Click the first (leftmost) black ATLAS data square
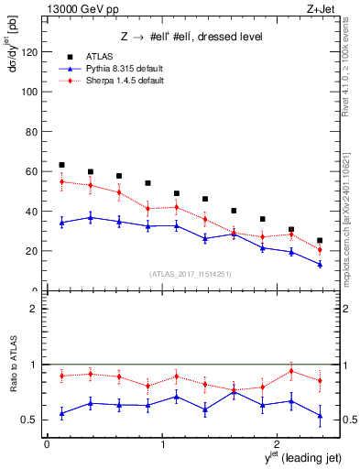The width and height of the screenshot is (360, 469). click(61, 165)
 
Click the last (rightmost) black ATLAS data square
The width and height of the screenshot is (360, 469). click(320, 241)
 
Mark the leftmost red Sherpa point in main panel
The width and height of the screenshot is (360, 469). click(61, 181)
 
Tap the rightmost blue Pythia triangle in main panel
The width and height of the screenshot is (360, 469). click(320, 264)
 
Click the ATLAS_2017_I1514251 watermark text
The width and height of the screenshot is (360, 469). click(183, 273)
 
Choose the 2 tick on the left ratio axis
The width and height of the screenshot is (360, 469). click(35, 309)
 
